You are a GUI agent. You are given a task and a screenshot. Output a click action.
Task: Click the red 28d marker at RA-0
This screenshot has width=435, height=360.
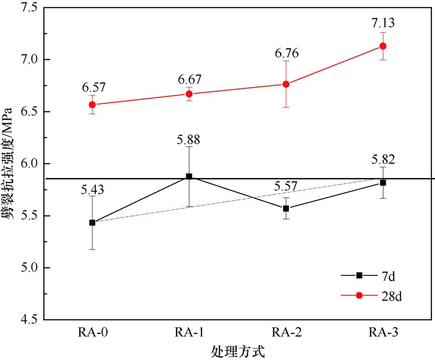[92, 105]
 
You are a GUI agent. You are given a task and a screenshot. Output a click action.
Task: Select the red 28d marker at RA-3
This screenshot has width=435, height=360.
[382, 46]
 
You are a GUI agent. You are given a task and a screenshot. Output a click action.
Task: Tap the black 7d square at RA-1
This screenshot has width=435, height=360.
[189, 176]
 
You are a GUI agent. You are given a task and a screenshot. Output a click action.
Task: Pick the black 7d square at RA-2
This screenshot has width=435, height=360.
[286, 209]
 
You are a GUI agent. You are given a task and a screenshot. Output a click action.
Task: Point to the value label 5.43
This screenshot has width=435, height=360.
[92, 191]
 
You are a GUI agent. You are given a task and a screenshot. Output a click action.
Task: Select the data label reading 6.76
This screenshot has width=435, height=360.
[286, 54]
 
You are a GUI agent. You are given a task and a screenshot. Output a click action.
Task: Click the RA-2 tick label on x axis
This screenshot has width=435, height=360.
[286, 332]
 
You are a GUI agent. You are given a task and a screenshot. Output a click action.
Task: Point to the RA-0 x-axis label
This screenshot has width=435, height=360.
[92, 332]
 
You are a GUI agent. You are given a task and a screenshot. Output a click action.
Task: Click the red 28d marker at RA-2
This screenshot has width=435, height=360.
[286, 84]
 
